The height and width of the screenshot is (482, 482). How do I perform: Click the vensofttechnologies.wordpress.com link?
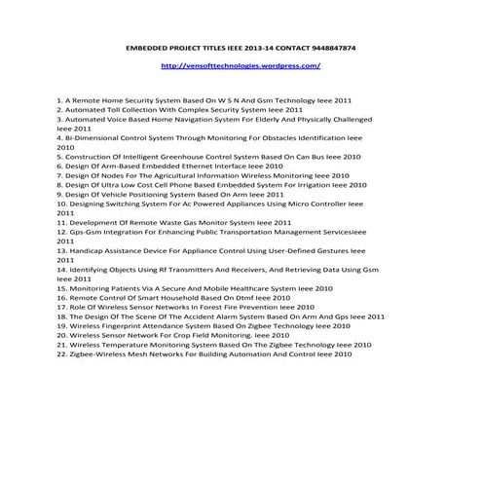pyautogui.click(x=240, y=66)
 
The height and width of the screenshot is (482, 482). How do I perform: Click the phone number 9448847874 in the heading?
pyautogui.click(x=328, y=47)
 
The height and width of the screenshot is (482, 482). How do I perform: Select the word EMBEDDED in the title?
pyautogui.click(x=148, y=47)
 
